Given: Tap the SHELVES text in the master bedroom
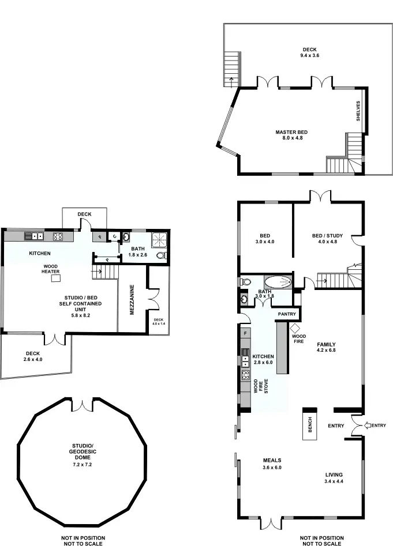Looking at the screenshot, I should point(358,111).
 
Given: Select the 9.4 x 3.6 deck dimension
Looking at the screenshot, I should point(309,55).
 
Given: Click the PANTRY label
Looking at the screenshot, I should point(287,314).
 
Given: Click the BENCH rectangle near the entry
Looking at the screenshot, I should point(309,424).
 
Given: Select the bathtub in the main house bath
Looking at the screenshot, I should point(279,283).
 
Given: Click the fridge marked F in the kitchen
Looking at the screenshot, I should point(245,333).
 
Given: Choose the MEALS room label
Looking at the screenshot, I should point(272,460).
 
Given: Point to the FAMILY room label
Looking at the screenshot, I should point(326,345).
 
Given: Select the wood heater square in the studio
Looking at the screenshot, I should point(56,278).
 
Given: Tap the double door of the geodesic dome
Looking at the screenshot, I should point(85,405).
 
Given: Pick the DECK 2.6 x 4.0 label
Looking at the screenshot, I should point(33,356).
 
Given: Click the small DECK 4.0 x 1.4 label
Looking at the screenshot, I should point(159,322).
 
